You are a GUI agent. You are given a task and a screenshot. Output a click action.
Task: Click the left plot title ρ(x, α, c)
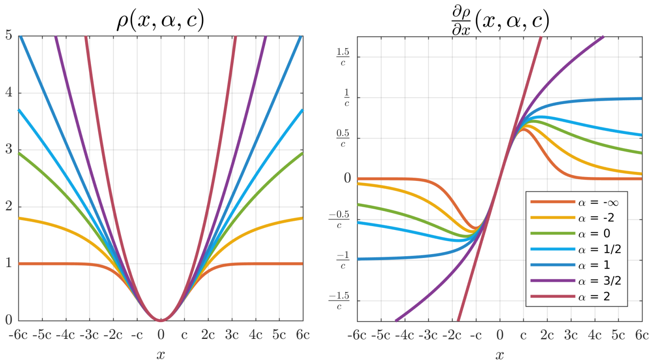[160, 20]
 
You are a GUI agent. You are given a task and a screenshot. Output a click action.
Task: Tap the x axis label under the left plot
[161, 354]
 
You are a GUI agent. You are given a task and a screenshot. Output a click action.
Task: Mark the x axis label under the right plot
[499, 354]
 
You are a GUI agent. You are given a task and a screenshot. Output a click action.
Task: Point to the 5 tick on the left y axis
[9, 35]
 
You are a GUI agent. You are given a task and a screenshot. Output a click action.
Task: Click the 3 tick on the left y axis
[9, 149]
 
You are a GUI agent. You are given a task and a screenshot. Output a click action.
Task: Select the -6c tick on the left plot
[18, 335]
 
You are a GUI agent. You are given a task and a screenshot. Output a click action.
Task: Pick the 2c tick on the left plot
[208, 335]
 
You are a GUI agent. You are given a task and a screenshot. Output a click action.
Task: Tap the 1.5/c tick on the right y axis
[343, 57]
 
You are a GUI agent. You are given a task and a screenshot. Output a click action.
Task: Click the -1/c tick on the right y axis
[343, 260]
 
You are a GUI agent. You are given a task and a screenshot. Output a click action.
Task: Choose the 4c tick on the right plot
[594, 335]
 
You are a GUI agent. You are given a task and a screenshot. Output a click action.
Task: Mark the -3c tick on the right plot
[428, 335]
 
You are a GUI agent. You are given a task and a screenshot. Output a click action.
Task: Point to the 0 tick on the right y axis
[347, 178]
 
